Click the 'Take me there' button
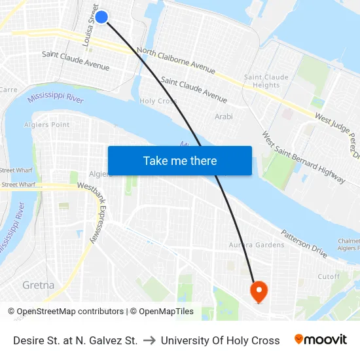(x=179, y=161)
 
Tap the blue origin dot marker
(x=101, y=17)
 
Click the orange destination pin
(x=258, y=290)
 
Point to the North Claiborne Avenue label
(x=176, y=60)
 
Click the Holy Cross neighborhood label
(x=158, y=101)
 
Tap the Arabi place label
(x=223, y=117)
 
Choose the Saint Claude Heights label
(x=266, y=81)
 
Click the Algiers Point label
(x=50, y=124)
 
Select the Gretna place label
(x=38, y=285)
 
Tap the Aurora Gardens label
(x=256, y=245)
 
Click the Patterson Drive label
(x=304, y=242)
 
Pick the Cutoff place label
(x=329, y=276)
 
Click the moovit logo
(x=320, y=340)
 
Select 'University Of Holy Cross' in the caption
(x=220, y=340)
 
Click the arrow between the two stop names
(x=149, y=340)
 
